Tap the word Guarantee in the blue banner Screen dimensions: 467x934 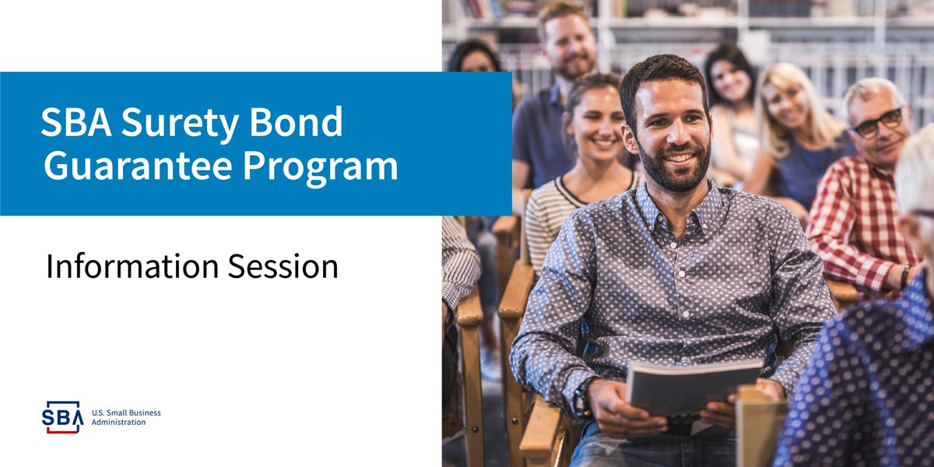click(132, 166)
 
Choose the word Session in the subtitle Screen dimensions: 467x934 click(283, 266)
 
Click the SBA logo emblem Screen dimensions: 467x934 click(62, 416)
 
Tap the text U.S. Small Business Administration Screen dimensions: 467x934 click(125, 417)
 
